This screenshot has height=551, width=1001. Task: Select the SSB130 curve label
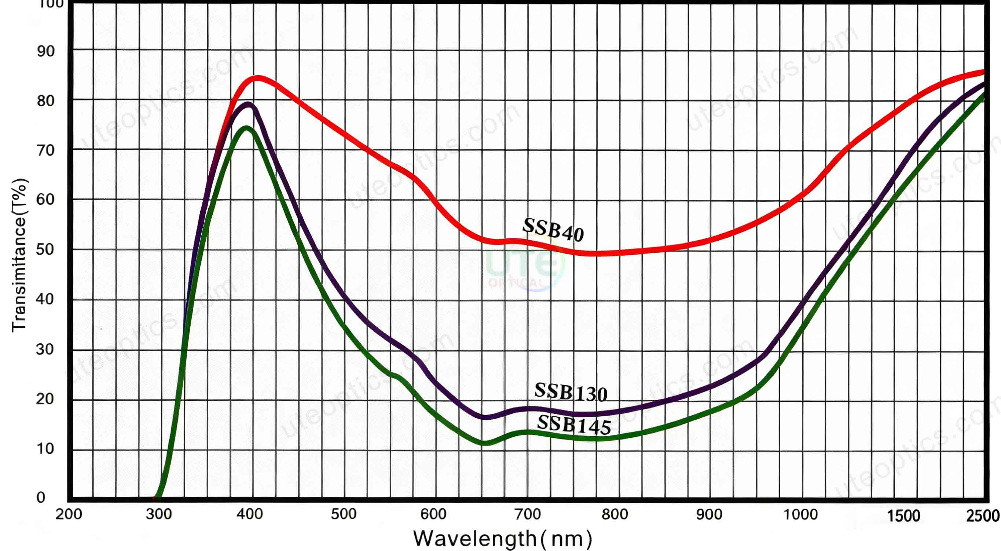[x=571, y=393]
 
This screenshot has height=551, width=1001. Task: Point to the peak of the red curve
[x=257, y=78]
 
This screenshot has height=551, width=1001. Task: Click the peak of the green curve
[x=246, y=128]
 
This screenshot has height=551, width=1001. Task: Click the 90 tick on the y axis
[x=45, y=51]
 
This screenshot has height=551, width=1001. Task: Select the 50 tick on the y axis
[x=45, y=249]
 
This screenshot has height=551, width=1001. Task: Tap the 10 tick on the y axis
[x=45, y=449]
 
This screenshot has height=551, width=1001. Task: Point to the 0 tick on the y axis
[x=41, y=497]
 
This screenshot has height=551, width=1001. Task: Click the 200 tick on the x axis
[x=69, y=514]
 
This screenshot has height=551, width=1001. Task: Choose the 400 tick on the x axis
[x=250, y=514]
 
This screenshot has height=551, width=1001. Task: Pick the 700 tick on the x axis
[x=528, y=514]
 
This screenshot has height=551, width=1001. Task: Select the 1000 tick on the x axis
[x=800, y=514]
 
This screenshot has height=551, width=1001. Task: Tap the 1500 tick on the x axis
[x=903, y=516]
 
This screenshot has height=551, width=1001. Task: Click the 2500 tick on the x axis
[x=983, y=516]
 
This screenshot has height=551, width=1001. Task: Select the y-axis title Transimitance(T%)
[x=19, y=255]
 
